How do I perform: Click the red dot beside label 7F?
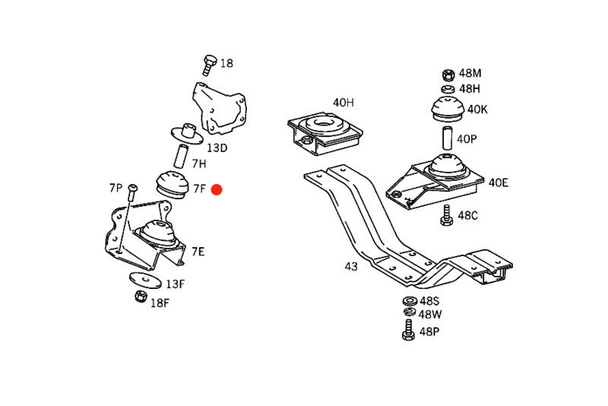tap(216, 189)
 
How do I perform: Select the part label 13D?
tap(217, 147)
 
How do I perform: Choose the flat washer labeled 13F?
tap(145, 281)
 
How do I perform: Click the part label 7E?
tap(198, 251)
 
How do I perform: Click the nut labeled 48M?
tap(448, 75)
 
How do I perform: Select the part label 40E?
tap(499, 182)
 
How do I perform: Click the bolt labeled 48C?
tap(446, 215)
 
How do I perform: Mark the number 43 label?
tap(350, 267)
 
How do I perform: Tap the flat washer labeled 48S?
tap(409, 301)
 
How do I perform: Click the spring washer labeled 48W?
tap(409, 313)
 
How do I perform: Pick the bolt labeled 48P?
tap(408, 330)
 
